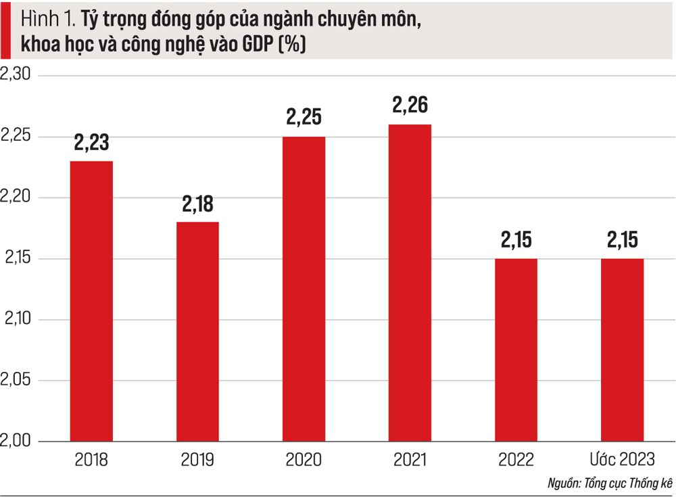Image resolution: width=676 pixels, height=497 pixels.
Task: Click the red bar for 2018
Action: (x=92, y=301)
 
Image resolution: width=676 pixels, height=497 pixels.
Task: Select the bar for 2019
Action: (x=197, y=331)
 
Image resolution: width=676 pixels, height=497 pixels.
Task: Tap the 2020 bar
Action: (x=304, y=289)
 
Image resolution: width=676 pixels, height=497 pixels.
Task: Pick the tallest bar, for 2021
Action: (x=410, y=283)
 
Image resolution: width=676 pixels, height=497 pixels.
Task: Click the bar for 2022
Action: (x=516, y=350)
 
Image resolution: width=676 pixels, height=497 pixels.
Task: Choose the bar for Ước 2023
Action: (x=622, y=350)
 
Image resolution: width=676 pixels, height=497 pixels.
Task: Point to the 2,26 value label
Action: (x=410, y=105)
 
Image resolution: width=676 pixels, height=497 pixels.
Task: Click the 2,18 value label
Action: (x=197, y=204)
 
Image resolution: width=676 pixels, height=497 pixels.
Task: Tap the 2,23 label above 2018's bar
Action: (x=92, y=143)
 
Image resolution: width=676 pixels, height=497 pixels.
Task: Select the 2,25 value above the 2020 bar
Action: (x=304, y=118)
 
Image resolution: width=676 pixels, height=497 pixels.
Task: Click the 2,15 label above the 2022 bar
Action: (x=516, y=240)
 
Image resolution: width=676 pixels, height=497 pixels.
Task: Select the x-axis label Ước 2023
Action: (x=622, y=460)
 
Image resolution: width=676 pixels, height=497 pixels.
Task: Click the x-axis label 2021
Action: (x=410, y=460)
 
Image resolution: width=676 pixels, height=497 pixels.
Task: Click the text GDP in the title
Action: (x=256, y=45)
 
